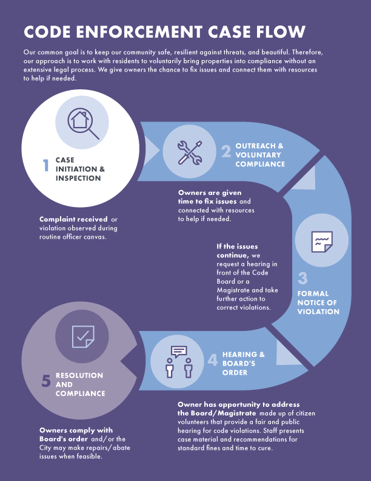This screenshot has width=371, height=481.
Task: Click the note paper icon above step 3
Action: [x=321, y=242]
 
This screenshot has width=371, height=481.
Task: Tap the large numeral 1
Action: [x=46, y=165]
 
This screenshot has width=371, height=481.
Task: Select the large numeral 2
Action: [x=226, y=151]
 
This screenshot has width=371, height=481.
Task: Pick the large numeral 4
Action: [x=213, y=360]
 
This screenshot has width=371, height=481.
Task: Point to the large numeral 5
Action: [x=46, y=381]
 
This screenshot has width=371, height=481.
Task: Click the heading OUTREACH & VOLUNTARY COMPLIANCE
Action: [x=259, y=155]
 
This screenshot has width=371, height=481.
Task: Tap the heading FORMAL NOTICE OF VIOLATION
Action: [x=318, y=302]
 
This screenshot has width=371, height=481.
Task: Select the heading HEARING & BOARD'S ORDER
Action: [x=243, y=363]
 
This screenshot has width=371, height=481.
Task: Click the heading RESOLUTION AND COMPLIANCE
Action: [x=79, y=384]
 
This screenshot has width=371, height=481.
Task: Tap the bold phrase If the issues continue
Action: [x=237, y=251]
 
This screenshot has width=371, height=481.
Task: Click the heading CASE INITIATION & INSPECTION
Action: [x=80, y=169]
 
